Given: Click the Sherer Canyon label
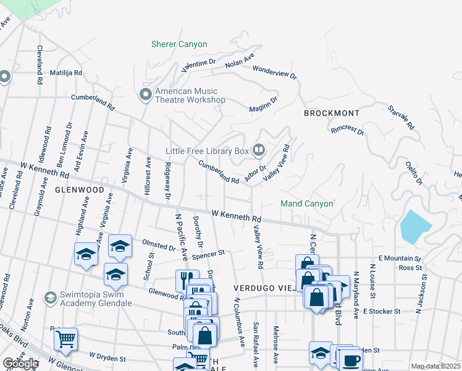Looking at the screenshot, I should point(179,45).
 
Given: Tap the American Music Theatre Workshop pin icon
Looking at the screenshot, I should point(146,95).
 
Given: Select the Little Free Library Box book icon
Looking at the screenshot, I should point(259,150).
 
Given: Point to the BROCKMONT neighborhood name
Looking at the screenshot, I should point(332,114).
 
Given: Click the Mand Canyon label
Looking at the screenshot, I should point(307,203).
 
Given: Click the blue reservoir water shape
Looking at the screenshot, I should point(412,227).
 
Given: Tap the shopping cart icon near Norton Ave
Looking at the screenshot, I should point(65,338).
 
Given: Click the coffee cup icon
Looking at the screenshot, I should point(351,360).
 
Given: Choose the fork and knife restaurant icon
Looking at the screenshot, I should point(187,280).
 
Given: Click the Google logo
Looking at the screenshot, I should point(20,364).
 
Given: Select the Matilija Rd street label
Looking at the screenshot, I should point(61,72).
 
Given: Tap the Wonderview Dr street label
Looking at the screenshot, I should point(275,72).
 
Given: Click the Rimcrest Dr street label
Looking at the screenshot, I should point(347,130).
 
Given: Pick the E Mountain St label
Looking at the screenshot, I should point(400,259).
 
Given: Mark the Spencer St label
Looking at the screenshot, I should point(208,254).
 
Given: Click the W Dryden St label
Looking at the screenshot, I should point(107,357).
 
